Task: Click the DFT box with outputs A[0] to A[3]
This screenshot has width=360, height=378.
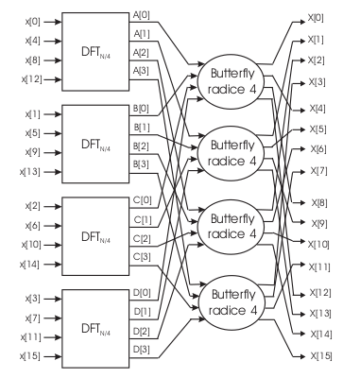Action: point(93,47)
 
